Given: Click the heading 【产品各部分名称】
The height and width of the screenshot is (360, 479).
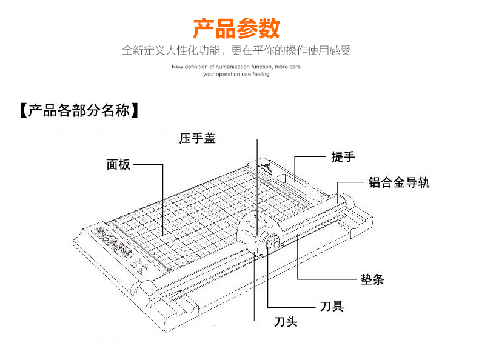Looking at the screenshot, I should click(x=78, y=110).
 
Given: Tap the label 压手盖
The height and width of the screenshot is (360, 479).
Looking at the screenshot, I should click(x=198, y=139).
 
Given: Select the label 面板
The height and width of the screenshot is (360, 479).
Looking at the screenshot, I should click(x=118, y=164).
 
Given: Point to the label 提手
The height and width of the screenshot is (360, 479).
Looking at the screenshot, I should click(x=343, y=156).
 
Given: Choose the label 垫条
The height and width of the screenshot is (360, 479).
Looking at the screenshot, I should click(x=372, y=280).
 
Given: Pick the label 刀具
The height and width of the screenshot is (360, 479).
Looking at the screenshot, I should click(x=332, y=306).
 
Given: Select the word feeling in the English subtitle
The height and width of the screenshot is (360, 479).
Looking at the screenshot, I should click(x=260, y=75).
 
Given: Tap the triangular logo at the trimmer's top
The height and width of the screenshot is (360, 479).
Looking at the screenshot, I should click(x=265, y=165).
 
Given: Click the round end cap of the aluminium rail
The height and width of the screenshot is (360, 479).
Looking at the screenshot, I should click(x=341, y=198).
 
